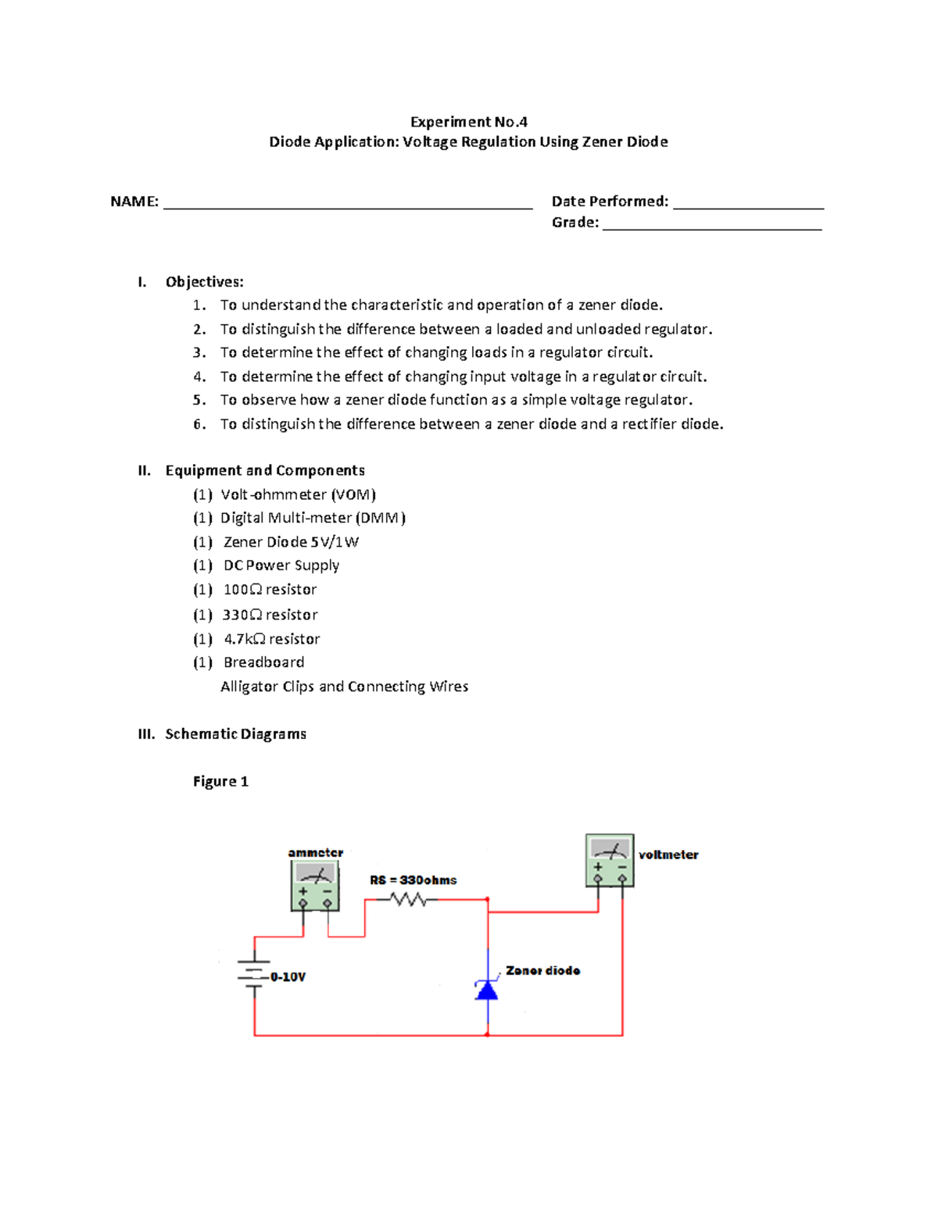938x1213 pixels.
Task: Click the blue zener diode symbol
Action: tap(487, 990)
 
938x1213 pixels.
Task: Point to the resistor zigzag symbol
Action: tap(409, 900)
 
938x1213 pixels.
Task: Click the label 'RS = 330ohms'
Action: tap(413, 880)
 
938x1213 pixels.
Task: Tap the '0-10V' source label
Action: tap(288, 977)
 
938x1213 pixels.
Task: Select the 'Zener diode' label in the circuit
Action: tap(542, 971)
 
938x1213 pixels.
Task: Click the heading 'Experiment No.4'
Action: tap(468, 122)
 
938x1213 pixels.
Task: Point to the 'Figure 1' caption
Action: tap(220, 782)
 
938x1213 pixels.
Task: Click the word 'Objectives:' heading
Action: tap(204, 282)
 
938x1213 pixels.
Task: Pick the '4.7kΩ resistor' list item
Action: tap(271, 639)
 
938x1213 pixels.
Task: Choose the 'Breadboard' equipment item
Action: tap(263, 662)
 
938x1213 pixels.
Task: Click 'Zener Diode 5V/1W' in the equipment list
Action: tap(291, 542)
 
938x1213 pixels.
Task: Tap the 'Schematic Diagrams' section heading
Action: tap(235, 734)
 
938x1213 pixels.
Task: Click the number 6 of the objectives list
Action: tap(199, 424)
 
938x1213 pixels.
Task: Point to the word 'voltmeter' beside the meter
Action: tap(668, 855)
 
